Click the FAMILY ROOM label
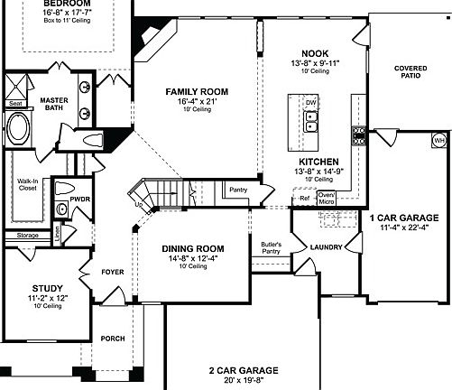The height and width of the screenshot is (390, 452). [x=196, y=92]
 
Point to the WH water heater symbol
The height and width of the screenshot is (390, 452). [x=439, y=142]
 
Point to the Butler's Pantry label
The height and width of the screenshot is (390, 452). [x=272, y=248]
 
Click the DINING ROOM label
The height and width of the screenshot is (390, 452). [x=193, y=248]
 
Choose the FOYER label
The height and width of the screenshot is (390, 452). [x=113, y=269]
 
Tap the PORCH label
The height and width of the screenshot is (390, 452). [x=114, y=340]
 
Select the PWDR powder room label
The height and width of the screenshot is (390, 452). [x=81, y=200]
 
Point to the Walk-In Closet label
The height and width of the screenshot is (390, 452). [x=28, y=186]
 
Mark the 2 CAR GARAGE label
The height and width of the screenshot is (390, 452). [x=244, y=370]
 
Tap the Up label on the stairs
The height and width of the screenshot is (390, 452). [x=139, y=204]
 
